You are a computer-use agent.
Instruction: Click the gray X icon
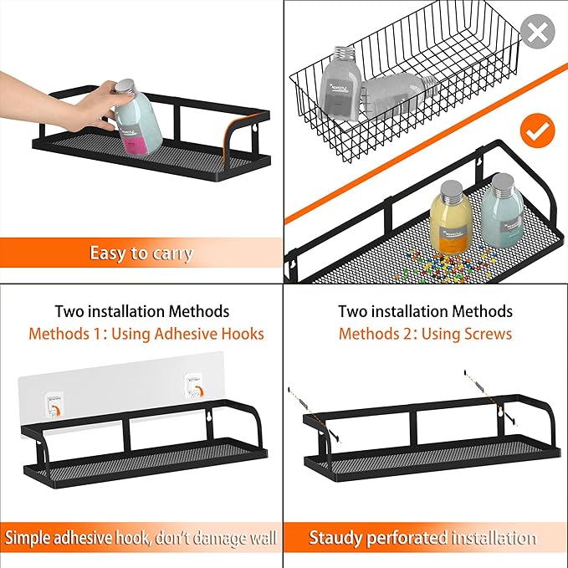(x=537, y=33)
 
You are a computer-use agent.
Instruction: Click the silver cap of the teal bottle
(x=504, y=182)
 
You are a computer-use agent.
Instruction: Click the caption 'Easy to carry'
(x=141, y=253)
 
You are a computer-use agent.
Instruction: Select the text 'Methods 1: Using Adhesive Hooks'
(x=146, y=334)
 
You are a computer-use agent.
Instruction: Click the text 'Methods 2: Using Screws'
(x=425, y=334)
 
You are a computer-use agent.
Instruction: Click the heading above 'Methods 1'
(x=142, y=311)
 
